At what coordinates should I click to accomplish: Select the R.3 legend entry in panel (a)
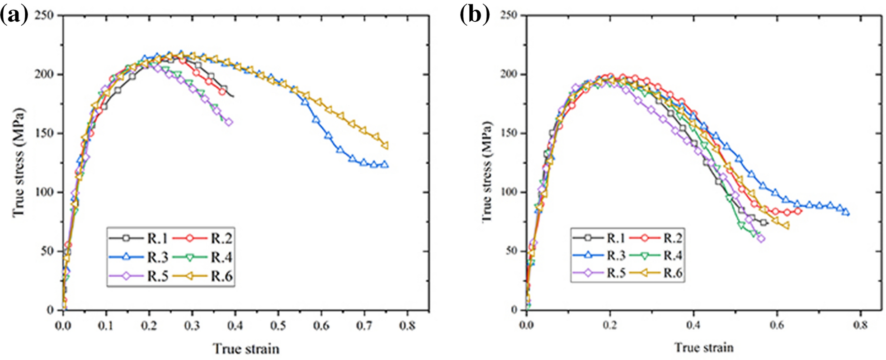click(x=138, y=257)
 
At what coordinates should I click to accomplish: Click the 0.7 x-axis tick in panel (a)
click(x=364, y=326)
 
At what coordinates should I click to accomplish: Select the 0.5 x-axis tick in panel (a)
click(x=278, y=326)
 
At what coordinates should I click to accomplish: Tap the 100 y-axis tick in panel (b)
click(x=509, y=192)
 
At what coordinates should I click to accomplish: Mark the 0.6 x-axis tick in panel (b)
click(x=777, y=326)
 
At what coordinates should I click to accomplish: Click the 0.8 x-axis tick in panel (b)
click(x=860, y=326)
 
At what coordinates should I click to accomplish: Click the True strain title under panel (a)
click(x=246, y=349)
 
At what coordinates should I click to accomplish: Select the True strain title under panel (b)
click(x=704, y=347)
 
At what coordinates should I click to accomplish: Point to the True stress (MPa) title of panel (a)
click(x=19, y=163)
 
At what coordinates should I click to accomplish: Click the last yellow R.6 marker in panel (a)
click(x=385, y=146)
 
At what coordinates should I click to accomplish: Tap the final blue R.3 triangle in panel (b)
click(x=846, y=212)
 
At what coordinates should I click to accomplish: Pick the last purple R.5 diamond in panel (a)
click(x=229, y=122)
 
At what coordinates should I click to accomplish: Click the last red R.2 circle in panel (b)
click(x=798, y=211)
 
